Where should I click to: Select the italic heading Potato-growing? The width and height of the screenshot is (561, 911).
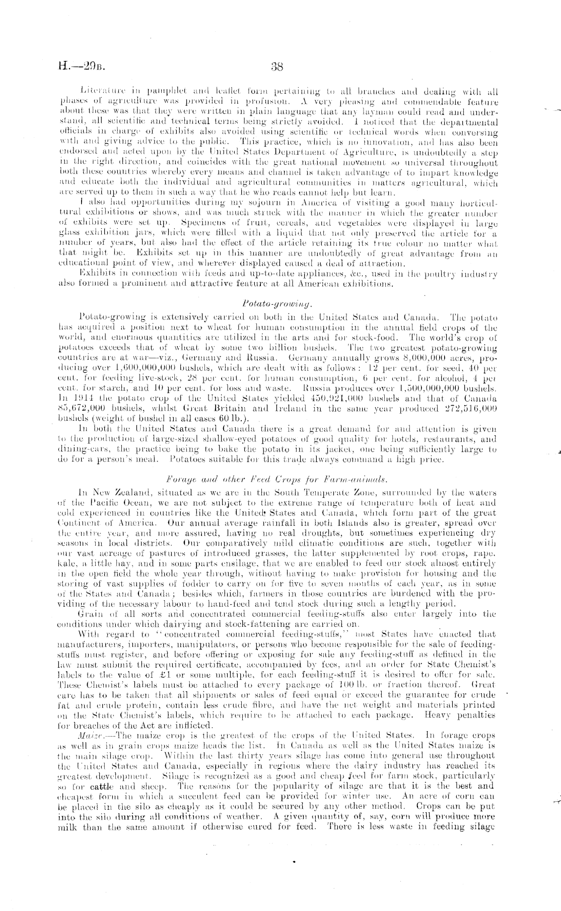click(x=277, y=304)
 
